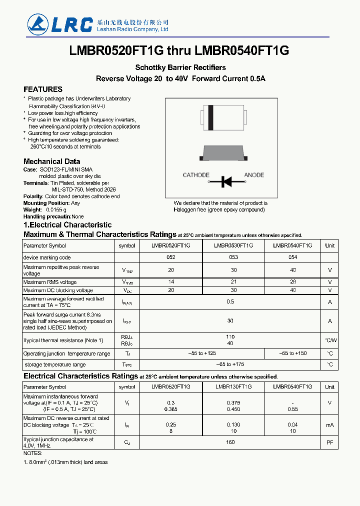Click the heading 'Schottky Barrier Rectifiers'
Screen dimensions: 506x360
(180, 67)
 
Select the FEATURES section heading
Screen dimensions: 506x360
(43, 89)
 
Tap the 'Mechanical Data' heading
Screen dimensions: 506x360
(51, 161)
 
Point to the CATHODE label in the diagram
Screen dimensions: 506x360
(196, 175)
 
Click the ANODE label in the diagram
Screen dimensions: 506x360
(254, 175)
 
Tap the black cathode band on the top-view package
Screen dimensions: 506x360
(211, 118)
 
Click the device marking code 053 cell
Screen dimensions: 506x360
(233, 257)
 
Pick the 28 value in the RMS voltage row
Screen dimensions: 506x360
(292, 282)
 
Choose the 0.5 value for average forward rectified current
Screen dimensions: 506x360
(230, 302)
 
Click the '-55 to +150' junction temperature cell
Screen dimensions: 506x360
(292, 353)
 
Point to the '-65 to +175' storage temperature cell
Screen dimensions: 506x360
(230, 364)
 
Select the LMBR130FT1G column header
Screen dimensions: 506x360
(233, 387)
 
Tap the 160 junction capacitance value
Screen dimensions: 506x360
(230, 442)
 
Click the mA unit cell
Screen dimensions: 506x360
(329, 425)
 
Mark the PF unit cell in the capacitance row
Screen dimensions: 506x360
(329, 442)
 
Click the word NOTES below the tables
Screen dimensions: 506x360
(33, 453)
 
